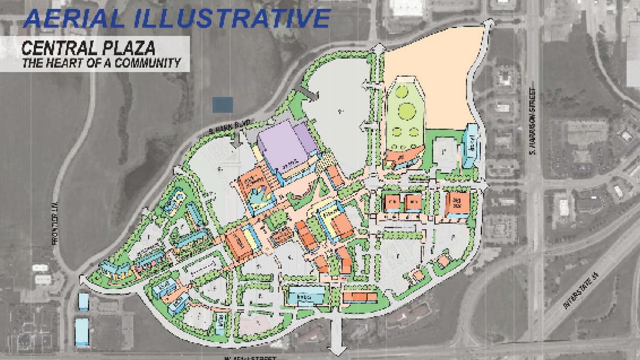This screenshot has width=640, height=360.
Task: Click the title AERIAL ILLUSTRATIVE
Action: pos(176,17)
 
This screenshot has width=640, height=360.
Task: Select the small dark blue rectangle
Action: pos(222,105)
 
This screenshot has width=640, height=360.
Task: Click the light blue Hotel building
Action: pos(470,144)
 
